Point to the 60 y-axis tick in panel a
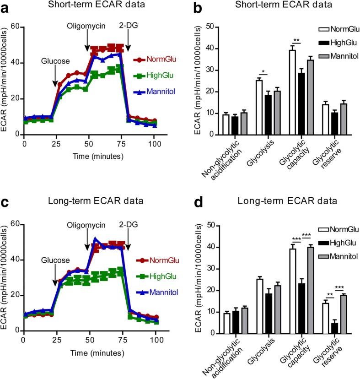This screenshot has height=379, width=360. coord(16,27)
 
